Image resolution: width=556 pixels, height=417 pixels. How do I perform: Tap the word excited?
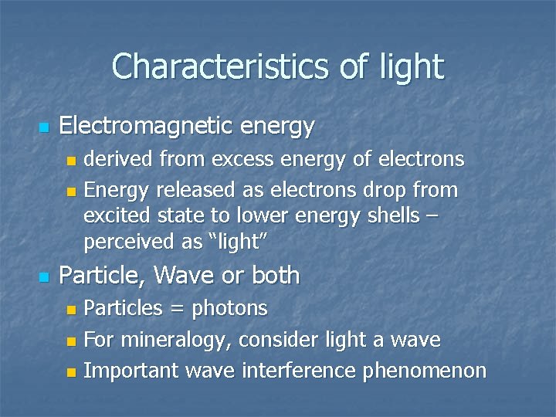pyautogui.click(x=117, y=216)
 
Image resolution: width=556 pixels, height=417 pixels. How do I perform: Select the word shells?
pyautogui.click(x=392, y=216)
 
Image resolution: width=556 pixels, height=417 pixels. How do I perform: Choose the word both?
pyautogui.click(x=273, y=275)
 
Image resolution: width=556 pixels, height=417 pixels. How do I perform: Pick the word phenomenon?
pyautogui.click(x=425, y=371)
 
